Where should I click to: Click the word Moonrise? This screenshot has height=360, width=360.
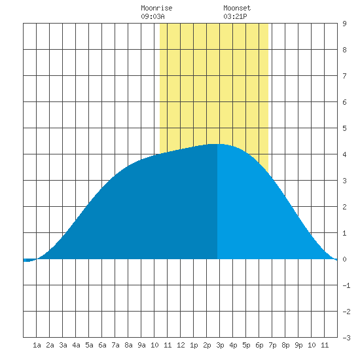pyautogui.click(x=156, y=9)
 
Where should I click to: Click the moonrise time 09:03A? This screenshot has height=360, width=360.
pyautogui.click(x=153, y=16)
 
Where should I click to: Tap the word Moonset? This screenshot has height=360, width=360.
pyautogui.click(x=237, y=9)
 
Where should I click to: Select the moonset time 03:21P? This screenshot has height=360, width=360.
pyautogui.click(x=235, y=16)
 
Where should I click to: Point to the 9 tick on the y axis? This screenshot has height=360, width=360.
pyautogui.click(x=344, y=24)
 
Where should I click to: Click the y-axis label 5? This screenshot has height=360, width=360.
pyautogui.click(x=344, y=128)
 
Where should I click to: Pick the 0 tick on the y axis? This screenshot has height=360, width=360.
pyautogui.click(x=344, y=259)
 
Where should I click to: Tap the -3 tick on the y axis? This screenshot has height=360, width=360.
pyautogui.click(x=346, y=338)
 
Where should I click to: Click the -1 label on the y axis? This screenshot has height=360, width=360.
pyautogui.click(x=346, y=285)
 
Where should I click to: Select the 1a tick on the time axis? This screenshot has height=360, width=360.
pyautogui.click(x=37, y=345)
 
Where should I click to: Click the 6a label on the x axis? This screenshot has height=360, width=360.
pyautogui.click(x=102, y=345)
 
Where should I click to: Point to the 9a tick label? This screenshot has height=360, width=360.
pyautogui.click(x=141, y=345)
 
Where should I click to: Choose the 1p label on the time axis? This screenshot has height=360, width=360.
pyautogui.click(x=194, y=345)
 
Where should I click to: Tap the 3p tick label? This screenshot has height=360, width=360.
pyautogui.click(x=220, y=345)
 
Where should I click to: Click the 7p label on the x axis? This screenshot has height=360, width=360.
pyautogui.click(x=272, y=345)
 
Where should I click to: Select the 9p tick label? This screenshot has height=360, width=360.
pyautogui.click(x=298, y=345)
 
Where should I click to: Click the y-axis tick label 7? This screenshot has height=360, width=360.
pyautogui.click(x=344, y=76)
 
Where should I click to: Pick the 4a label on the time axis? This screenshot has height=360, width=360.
pyautogui.click(x=76, y=345)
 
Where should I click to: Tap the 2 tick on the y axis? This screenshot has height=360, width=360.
pyautogui.click(x=344, y=207)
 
